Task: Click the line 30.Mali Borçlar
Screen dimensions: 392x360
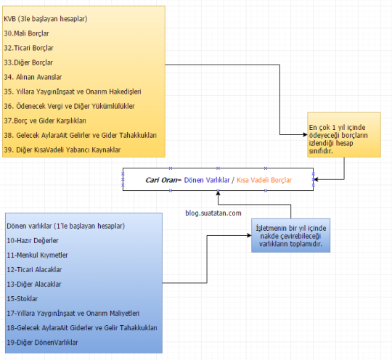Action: (27, 33)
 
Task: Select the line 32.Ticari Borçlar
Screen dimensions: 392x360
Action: (29, 48)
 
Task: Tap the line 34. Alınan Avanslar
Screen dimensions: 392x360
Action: (33, 77)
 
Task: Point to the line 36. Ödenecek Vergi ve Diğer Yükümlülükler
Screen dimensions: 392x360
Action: (69, 106)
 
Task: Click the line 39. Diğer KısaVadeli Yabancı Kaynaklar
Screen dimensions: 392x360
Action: (62, 150)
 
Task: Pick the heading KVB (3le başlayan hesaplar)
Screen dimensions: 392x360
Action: (46, 19)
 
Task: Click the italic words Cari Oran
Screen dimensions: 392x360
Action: (161, 180)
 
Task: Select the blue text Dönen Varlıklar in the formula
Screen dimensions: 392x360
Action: (207, 180)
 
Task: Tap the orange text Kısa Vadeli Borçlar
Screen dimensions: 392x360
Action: (264, 180)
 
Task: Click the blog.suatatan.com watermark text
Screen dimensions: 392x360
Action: (213, 213)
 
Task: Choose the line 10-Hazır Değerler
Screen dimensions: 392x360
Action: (33, 241)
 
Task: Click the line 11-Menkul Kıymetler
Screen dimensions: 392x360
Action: (37, 255)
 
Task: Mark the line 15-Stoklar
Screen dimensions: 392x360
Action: (23, 299)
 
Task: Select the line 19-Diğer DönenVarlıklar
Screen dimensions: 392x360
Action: (42, 343)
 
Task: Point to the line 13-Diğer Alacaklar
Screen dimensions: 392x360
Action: (34, 285)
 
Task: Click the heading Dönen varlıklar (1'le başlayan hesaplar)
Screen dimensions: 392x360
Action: (66, 226)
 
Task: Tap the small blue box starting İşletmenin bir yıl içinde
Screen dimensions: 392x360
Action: (291, 235)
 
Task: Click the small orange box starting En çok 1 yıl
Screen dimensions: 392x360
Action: (344, 135)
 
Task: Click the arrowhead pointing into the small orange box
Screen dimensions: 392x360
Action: (305, 135)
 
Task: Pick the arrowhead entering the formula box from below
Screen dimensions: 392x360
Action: (218, 193)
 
